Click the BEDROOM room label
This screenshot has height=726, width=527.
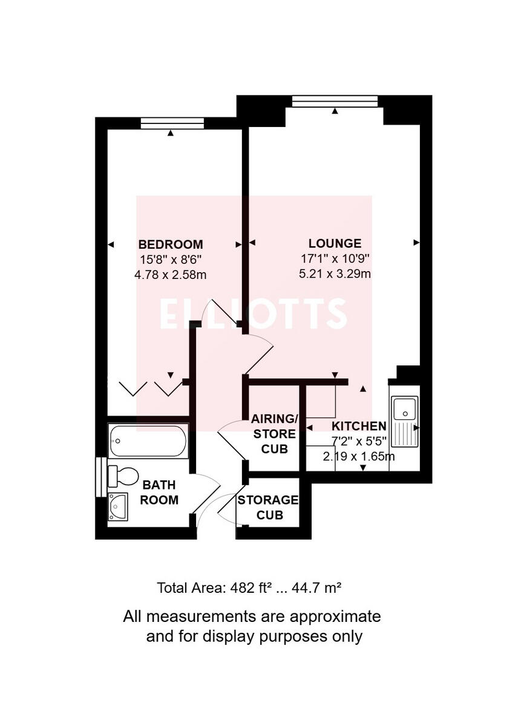click(171, 244)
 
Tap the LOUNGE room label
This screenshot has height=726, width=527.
click(335, 243)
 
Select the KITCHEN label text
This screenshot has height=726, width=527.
click(359, 426)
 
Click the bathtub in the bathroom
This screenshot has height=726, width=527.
click(148, 441)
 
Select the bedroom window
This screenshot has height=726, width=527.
click(172, 123)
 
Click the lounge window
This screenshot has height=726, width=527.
click(335, 101)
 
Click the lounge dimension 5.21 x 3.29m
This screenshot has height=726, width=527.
click(335, 273)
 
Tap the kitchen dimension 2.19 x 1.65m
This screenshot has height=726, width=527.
click(359, 456)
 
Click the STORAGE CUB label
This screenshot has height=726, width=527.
click(268, 508)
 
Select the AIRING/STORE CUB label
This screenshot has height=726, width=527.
click(275, 434)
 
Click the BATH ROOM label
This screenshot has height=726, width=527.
click(160, 492)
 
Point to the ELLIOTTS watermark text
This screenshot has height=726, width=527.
click(254, 313)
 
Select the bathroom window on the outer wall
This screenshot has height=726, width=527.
click(99, 478)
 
